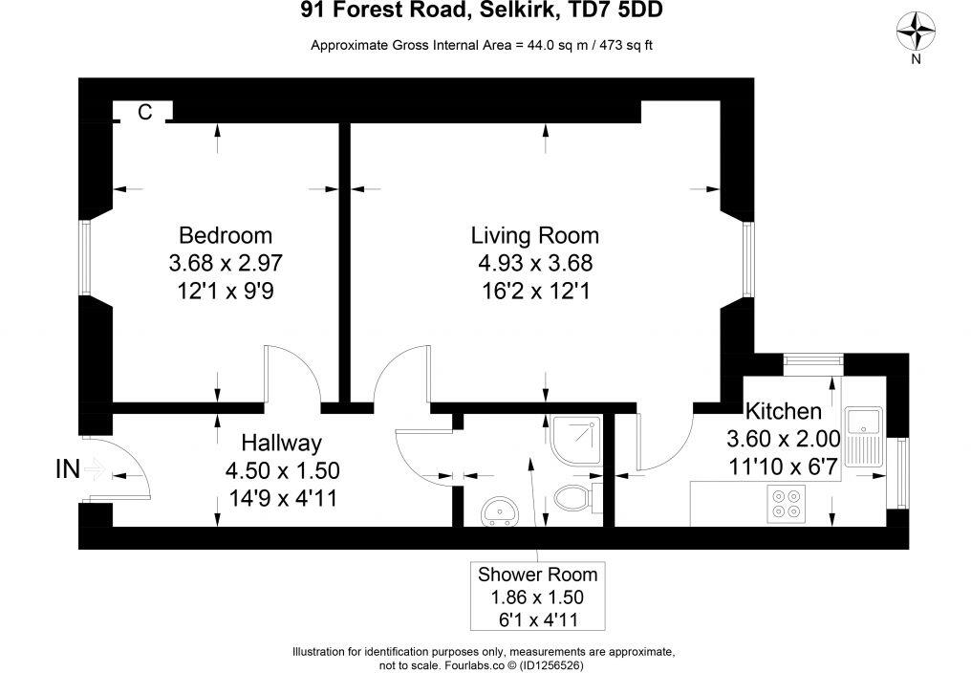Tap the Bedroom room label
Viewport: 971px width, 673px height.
click(226, 235)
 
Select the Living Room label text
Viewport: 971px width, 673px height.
click(534, 235)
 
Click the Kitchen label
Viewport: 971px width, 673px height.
click(783, 412)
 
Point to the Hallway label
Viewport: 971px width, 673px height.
click(281, 443)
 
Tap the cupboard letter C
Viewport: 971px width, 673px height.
click(145, 112)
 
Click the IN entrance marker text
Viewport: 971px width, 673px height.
click(67, 468)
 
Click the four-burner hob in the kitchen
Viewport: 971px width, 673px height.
click(788, 504)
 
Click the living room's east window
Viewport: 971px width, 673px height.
click(748, 259)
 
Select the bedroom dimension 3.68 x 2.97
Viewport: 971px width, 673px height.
click(226, 262)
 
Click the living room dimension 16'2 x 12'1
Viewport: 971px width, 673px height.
click(534, 290)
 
